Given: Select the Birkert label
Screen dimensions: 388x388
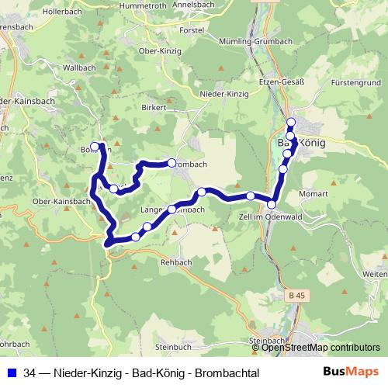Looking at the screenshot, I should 155,107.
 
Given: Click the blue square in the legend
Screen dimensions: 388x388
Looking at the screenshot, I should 12,373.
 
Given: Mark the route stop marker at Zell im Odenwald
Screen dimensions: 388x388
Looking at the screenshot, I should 272,204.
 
